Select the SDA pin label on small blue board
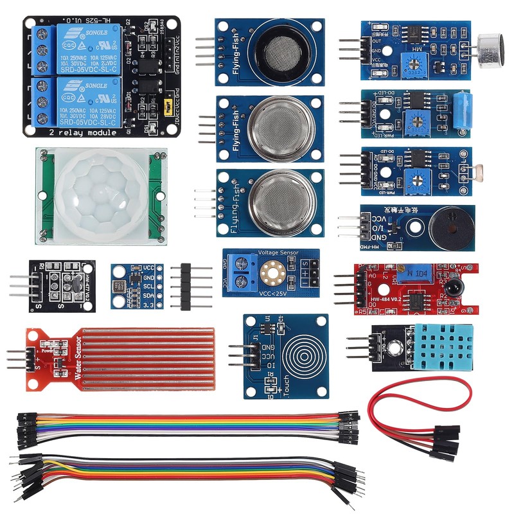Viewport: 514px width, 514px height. pos(148,295)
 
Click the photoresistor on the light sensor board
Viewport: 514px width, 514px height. pos(464,168)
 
